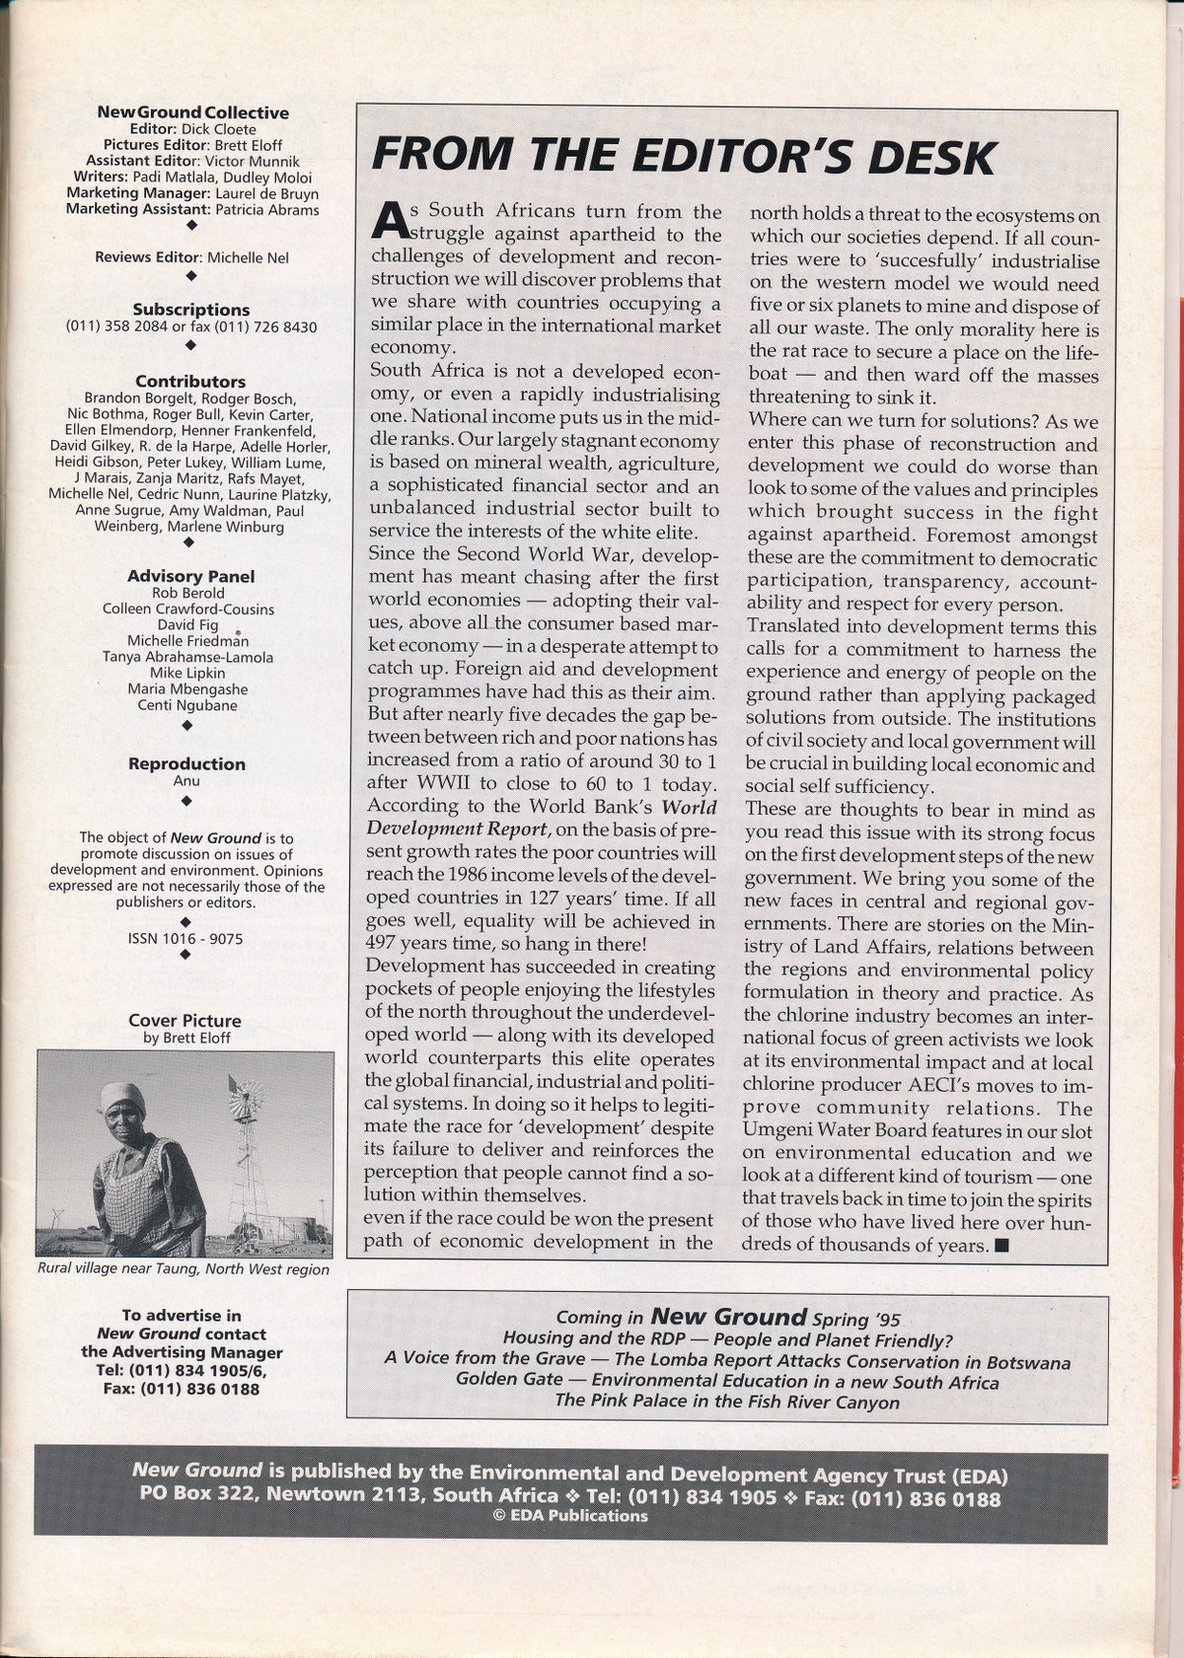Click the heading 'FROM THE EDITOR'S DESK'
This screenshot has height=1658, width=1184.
(683, 156)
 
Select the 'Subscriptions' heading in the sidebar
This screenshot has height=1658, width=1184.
(191, 310)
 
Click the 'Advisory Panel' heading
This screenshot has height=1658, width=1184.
(190, 576)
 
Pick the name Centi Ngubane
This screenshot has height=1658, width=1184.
(188, 705)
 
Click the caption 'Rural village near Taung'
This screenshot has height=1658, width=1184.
(184, 1269)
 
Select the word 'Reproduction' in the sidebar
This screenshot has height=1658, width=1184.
(186, 763)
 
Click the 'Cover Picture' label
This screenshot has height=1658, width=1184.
(185, 1021)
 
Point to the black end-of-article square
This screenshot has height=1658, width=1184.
(1002, 1246)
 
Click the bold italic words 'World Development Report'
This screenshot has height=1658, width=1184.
(542, 819)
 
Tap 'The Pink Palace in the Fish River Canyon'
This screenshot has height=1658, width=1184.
(727, 1402)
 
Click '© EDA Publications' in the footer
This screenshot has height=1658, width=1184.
(570, 1516)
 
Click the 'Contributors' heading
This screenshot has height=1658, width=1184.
(190, 381)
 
